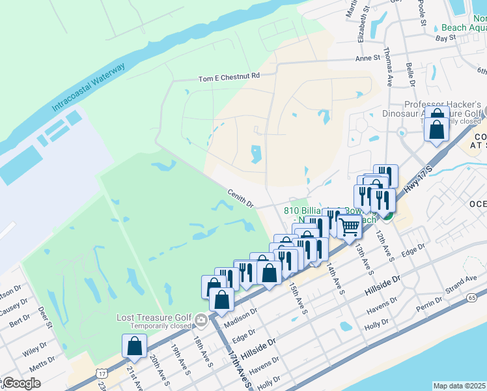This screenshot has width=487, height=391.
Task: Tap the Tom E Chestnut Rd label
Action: click(x=229, y=77)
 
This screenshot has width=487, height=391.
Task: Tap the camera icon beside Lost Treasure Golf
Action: click(x=201, y=319)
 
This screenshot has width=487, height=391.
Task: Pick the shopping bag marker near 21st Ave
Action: click(x=134, y=347)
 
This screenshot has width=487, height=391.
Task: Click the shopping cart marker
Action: click(x=350, y=226)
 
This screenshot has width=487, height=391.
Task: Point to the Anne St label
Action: click(x=367, y=58)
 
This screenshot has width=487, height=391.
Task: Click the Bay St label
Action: click(x=445, y=39)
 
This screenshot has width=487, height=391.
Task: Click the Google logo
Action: click(x=21, y=383)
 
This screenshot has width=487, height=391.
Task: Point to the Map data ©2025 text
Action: click(x=459, y=386)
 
